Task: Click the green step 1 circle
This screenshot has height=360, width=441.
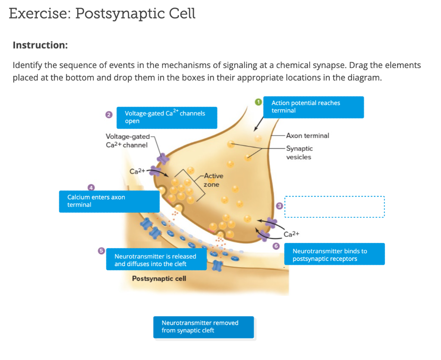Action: (x=258, y=102)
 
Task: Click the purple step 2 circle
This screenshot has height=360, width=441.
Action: (x=109, y=115)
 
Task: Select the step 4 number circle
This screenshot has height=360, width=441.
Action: (x=91, y=187)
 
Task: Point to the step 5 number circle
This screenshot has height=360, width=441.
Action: (x=101, y=251)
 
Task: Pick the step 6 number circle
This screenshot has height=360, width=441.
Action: (x=276, y=246)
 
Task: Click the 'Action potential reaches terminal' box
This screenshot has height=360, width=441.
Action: (x=314, y=107)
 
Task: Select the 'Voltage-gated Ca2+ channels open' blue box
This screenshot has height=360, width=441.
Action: (x=167, y=118)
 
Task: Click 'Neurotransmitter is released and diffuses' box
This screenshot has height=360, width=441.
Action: (x=156, y=260)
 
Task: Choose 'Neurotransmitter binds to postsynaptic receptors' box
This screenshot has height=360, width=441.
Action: (x=334, y=254)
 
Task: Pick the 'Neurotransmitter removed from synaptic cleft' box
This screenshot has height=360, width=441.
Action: (x=203, y=327)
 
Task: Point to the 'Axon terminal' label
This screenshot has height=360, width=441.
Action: (x=307, y=136)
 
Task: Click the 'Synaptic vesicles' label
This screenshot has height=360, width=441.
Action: (x=299, y=152)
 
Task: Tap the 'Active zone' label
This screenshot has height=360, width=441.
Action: (x=213, y=180)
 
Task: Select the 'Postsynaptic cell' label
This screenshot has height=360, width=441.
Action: (x=159, y=279)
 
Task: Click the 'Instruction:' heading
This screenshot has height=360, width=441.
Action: (x=40, y=45)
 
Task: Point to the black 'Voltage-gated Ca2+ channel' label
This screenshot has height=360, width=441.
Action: (x=127, y=140)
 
